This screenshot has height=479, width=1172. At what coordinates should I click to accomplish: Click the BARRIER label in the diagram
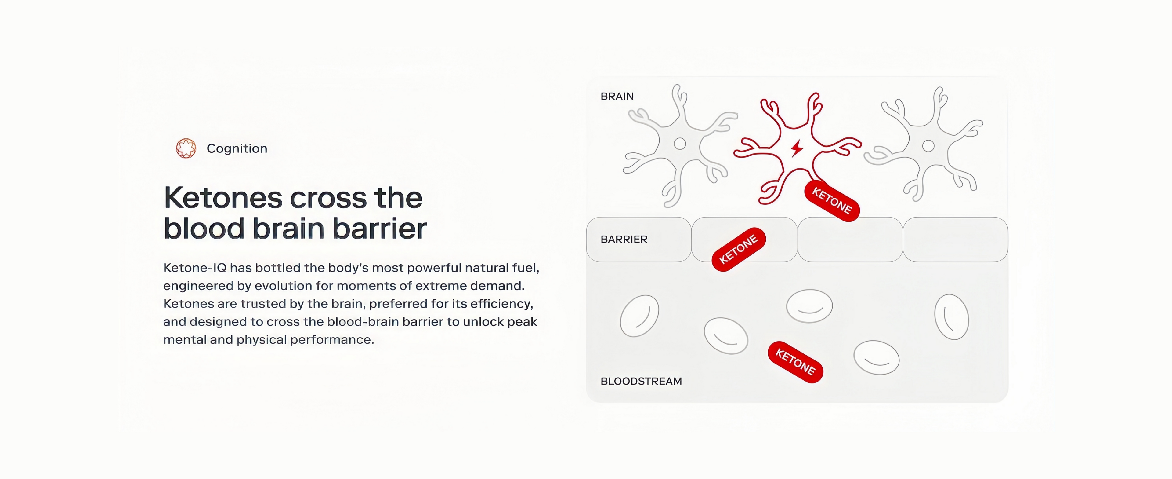pyautogui.click(x=624, y=239)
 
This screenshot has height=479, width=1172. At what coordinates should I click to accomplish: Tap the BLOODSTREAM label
pyautogui.click(x=641, y=382)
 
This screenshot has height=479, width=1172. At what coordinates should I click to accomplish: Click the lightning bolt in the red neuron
pyautogui.click(x=797, y=148)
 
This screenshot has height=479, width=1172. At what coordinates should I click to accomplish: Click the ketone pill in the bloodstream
pyautogui.click(x=795, y=362)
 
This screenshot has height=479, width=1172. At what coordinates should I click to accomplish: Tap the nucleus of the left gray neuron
pyautogui.click(x=680, y=144)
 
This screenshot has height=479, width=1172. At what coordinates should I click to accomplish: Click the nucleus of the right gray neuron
pyautogui.click(x=928, y=146)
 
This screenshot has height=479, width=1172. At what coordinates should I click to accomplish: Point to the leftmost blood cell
pyautogui.click(x=639, y=316)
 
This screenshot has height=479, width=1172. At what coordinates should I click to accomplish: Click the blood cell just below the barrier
pyautogui.click(x=809, y=306)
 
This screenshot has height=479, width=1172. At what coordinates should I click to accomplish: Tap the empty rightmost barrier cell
pyautogui.click(x=955, y=239)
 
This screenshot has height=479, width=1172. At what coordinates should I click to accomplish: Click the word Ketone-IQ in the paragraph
pyautogui.click(x=195, y=268)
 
